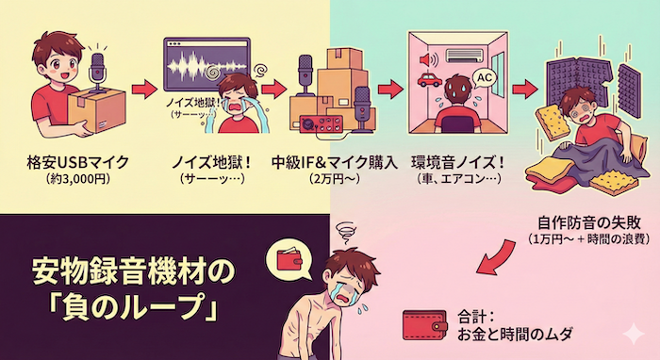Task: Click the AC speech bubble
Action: (x=486, y=75)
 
